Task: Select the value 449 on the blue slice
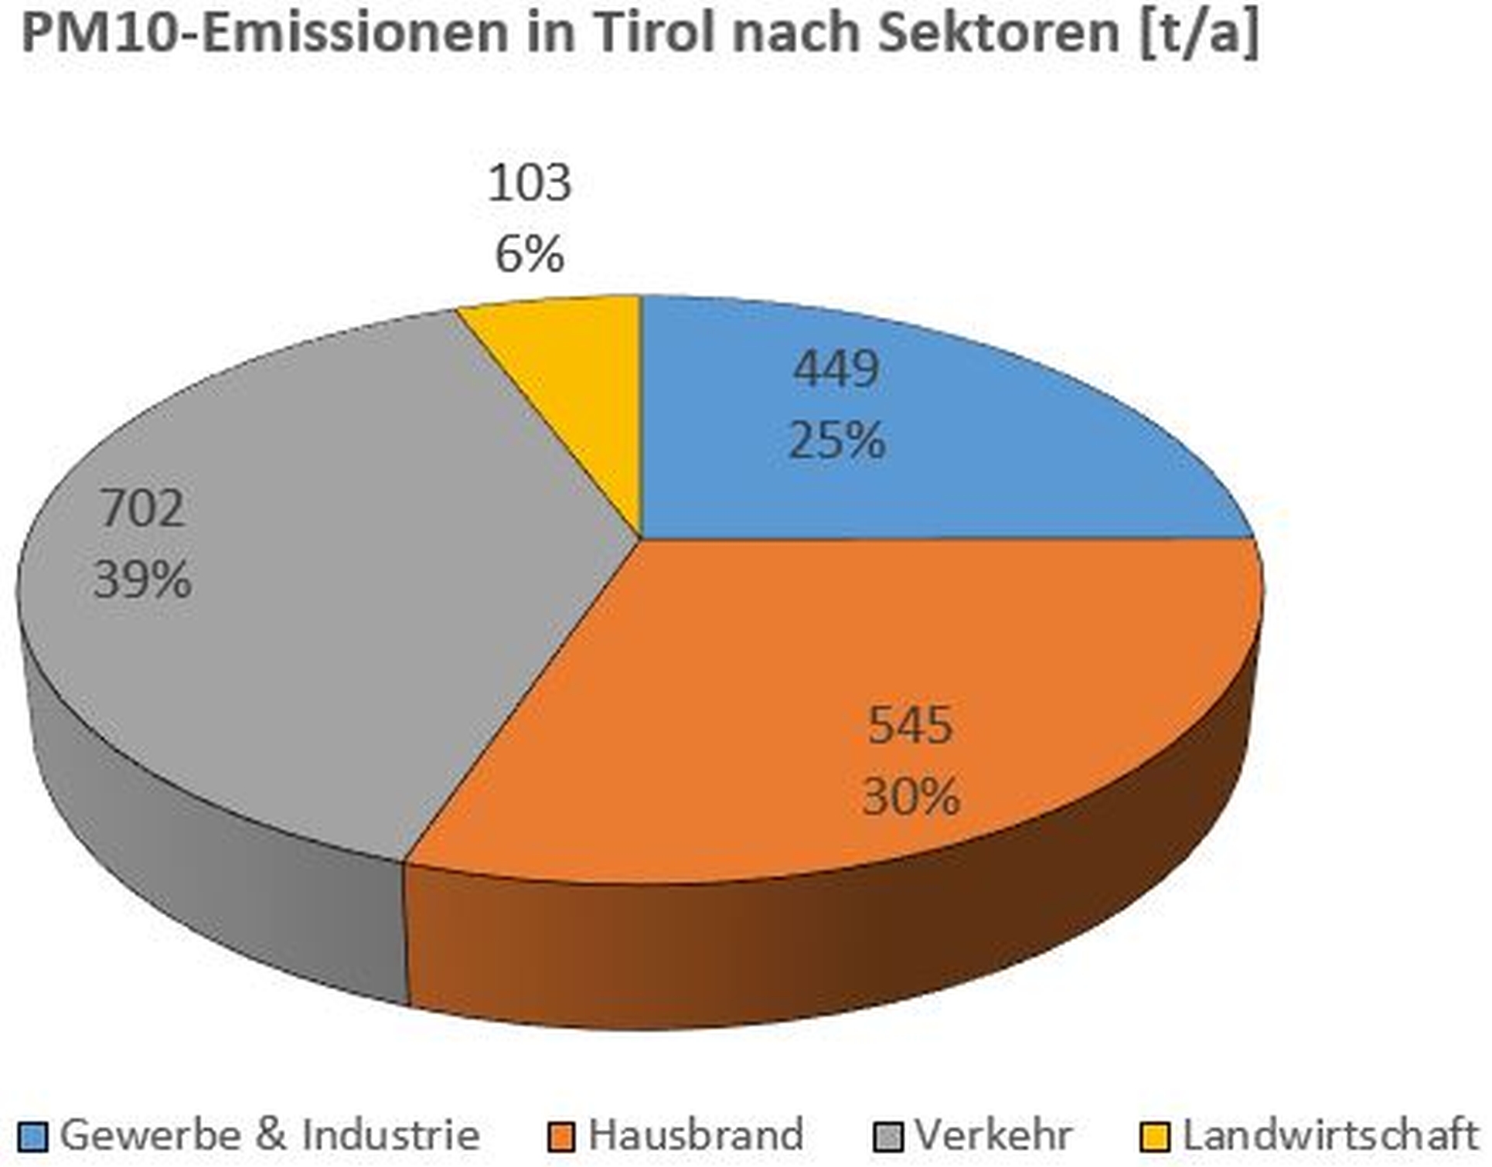[836, 369]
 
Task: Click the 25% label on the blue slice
[836, 441]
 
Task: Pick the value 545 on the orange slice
[910, 725]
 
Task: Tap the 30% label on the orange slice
[910, 797]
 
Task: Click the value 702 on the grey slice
[142, 508]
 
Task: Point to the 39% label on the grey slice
[142, 580]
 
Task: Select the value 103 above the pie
[530, 183]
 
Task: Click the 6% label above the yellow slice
[530, 255]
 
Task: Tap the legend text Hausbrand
[696, 1135]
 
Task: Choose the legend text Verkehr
[993, 1135]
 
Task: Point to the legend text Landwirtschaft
[1330, 1135]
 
